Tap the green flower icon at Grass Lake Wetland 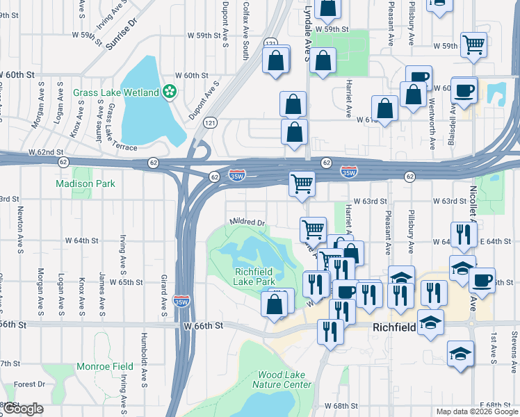[169, 92]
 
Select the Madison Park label [86, 183]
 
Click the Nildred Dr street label [247, 222]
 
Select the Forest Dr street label [29, 384]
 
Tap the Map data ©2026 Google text [477, 411]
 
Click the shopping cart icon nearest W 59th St [473, 45]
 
